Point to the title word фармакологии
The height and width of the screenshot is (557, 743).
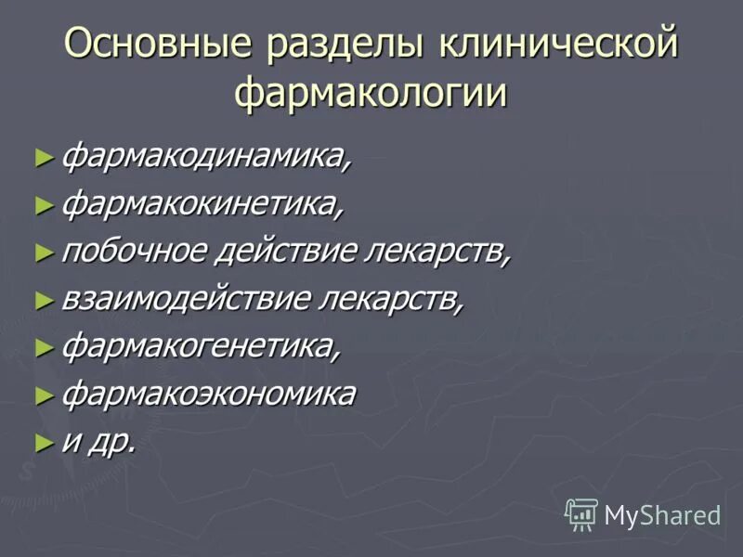[x=371, y=94]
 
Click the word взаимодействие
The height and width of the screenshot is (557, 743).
[x=185, y=299]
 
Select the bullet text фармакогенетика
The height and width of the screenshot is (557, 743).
[x=202, y=346]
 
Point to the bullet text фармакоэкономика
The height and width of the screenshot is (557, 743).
[x=209, y=394]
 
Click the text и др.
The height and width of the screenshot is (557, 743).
[x=98, y=442]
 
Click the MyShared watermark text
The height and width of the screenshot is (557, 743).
[x=662, y=514]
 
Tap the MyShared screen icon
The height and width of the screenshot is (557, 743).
[x=581, y=513]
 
